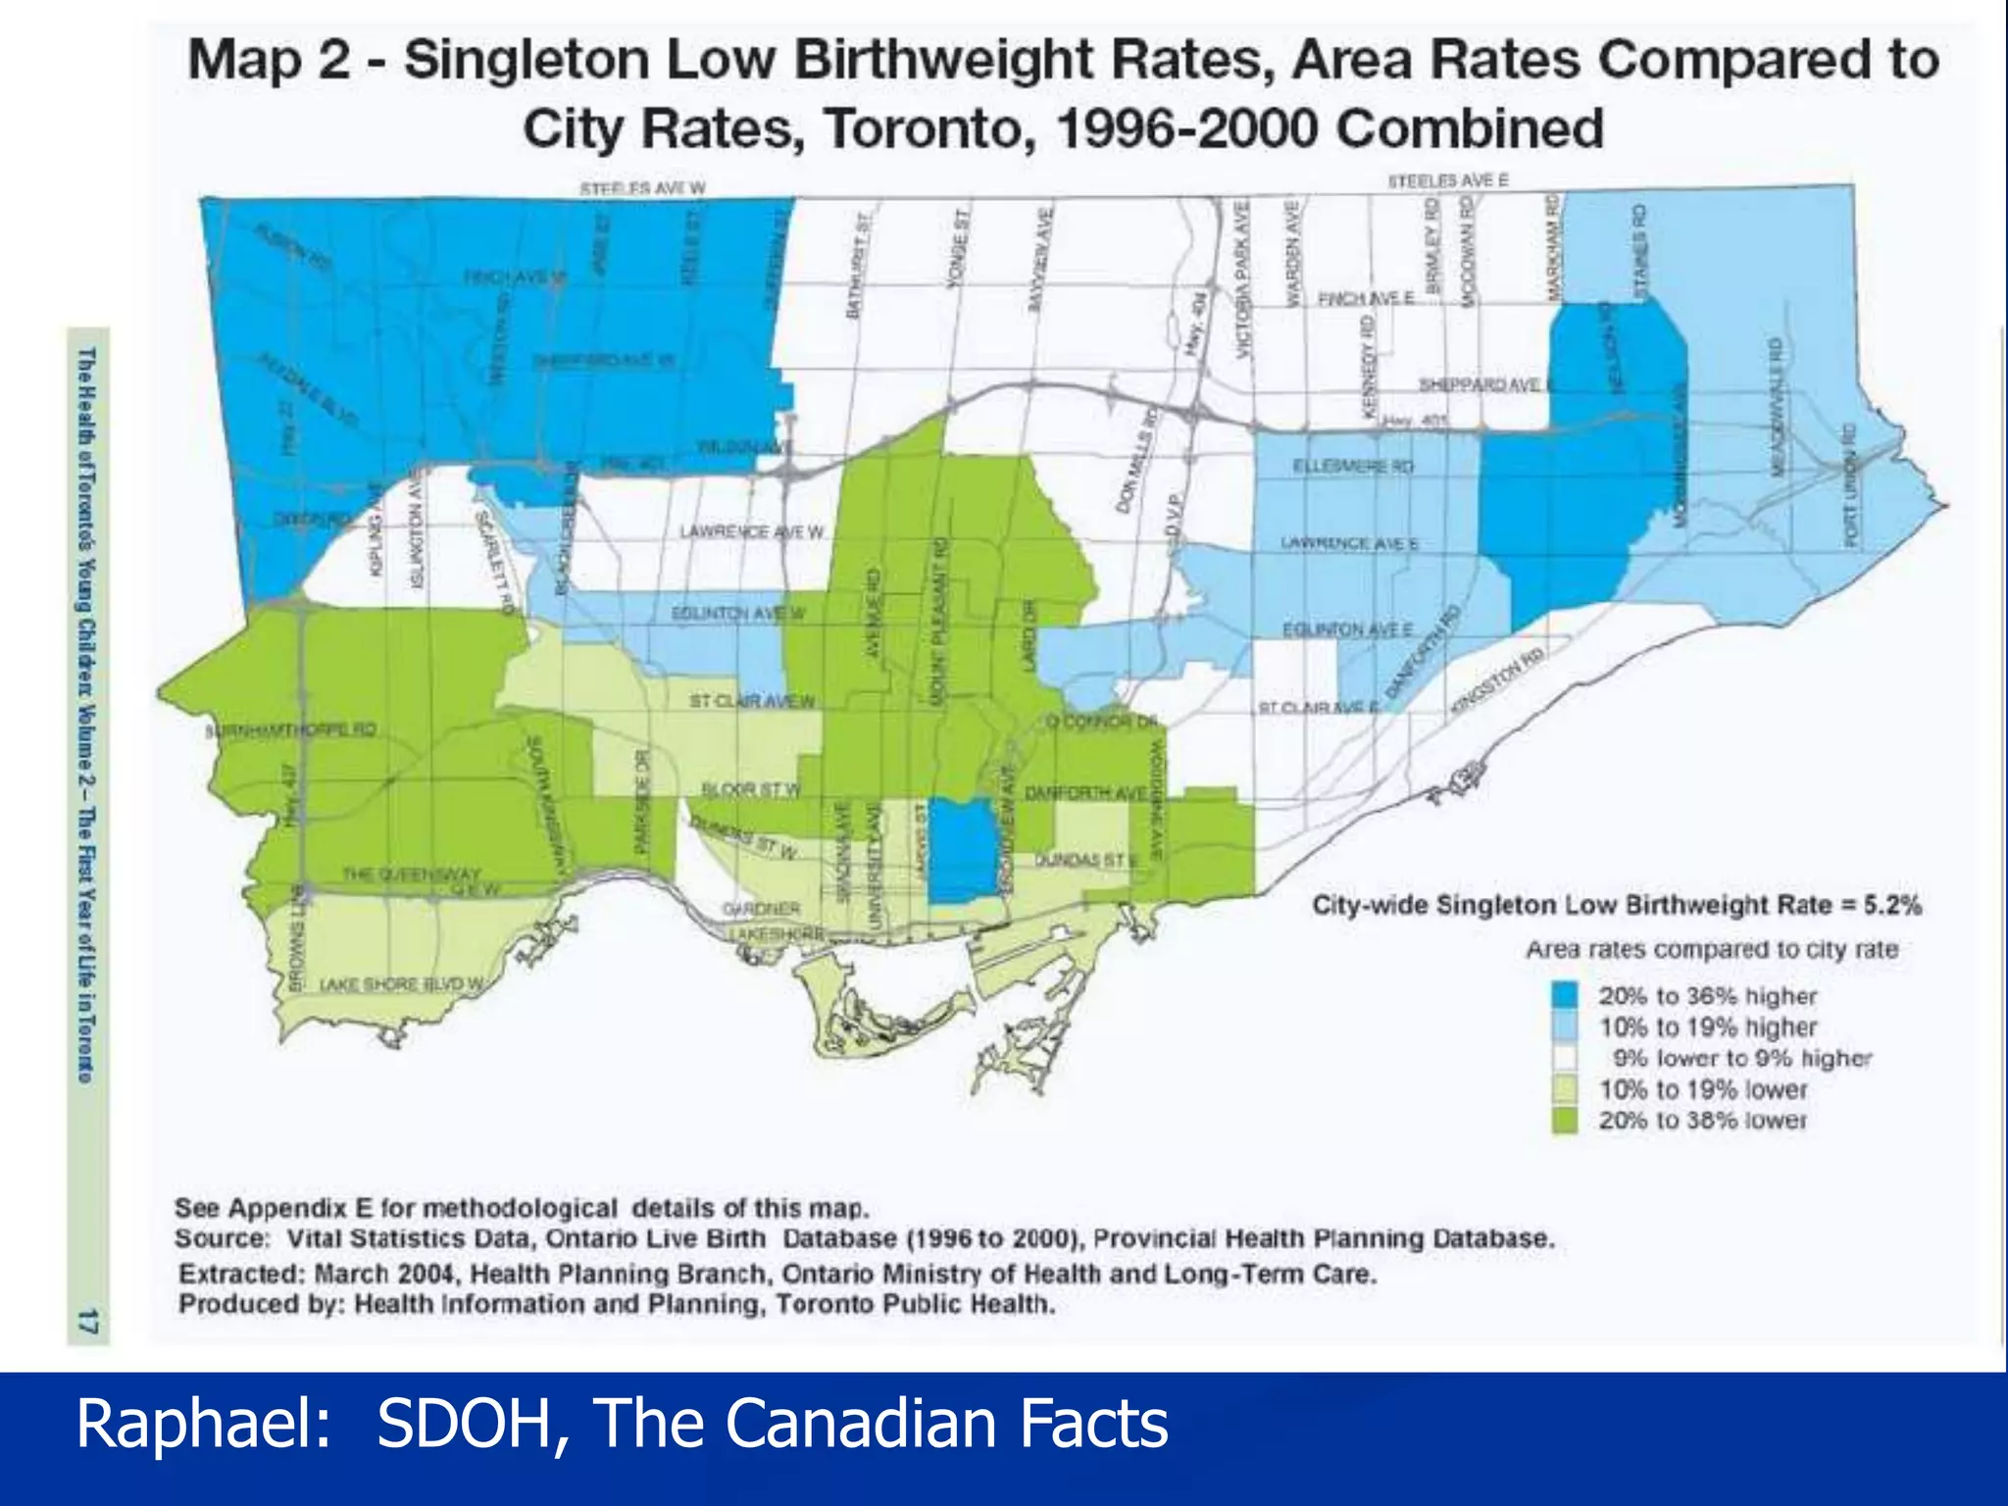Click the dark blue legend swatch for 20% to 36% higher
click(x=1565, y=995)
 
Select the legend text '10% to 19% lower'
click(x=1703, y=1089)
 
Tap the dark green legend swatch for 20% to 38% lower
click(x=1565, y=1120)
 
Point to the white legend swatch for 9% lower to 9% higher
click(x=1565, y=1058)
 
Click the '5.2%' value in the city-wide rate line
click(x=1891, y=904)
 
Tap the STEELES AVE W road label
click(x=642, y=187)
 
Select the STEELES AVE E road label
click(x=1447, y=180)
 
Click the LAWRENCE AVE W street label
click(x=752, y=531)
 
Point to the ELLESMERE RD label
click(x=1353, y=467)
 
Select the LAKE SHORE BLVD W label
click(x=402, y=983)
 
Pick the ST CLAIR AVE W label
click(x=751, y=701)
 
